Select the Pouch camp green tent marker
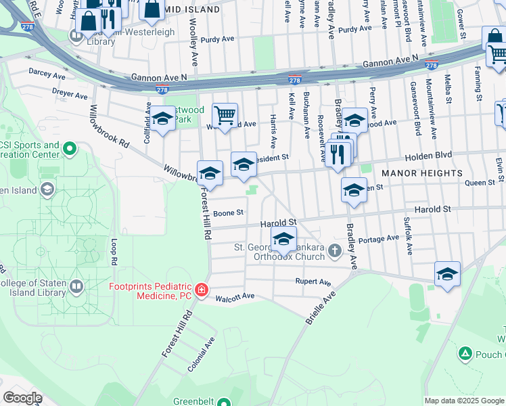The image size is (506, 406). (x=465, y=353)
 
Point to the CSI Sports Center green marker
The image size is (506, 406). (x=69, y=148)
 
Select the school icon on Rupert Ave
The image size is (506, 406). (x=447, y=273)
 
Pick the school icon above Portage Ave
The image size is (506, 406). (x=283, y=239)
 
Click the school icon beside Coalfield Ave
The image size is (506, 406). (x=162, y=119)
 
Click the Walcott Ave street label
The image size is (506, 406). (x=235, y=296)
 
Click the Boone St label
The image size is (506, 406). (x=228, y=212)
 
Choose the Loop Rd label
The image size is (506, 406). (x=114, y=251)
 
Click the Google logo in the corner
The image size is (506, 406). (x=22, y=397)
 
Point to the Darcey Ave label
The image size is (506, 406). (x=44, y=70)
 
